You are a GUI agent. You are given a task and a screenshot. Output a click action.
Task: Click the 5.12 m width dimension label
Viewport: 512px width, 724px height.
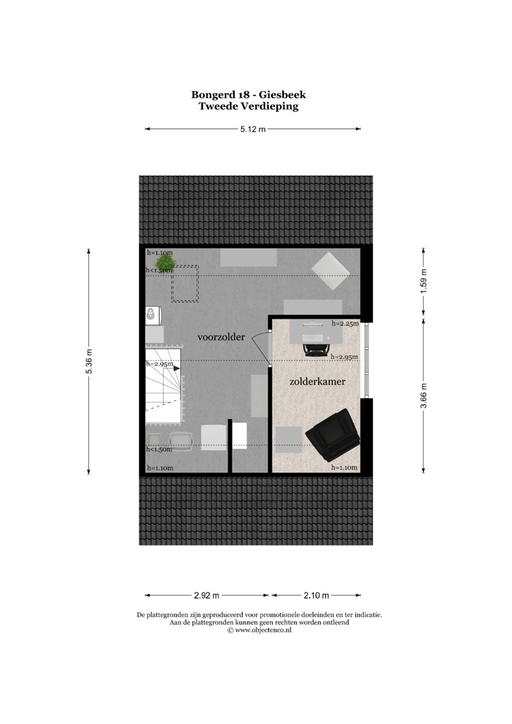click(x=253, y=129)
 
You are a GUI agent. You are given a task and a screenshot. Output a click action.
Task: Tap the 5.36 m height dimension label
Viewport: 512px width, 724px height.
click(x=89, y=361)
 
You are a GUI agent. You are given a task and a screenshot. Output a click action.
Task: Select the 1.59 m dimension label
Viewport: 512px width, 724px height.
click(x=424, y=281)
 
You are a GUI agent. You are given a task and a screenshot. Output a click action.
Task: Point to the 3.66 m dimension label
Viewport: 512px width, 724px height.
click(x=424, y=396)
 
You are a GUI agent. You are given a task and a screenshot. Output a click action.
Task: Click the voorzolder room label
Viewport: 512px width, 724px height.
click(x=221, y=337)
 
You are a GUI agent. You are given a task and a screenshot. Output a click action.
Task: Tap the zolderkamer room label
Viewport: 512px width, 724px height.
click(x=317, y=382)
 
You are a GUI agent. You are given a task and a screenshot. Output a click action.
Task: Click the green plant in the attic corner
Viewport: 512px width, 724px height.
click(x=166, y=263)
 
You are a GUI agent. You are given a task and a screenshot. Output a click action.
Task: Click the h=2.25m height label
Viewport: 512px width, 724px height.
click(x=345, y=324)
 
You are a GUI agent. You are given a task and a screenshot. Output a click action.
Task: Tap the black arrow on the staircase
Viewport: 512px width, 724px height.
click(x=177, y=368)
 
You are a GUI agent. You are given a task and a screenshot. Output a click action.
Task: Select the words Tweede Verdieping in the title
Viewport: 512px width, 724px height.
click(x=248, y=107)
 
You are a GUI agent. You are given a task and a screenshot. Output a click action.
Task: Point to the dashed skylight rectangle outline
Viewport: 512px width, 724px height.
click(x=185, y=284)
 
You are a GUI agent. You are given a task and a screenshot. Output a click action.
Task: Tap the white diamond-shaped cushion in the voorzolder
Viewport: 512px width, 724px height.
click(x=330, y=271)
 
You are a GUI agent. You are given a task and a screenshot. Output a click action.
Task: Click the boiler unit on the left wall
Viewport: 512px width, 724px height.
click(x=153, y=315)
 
